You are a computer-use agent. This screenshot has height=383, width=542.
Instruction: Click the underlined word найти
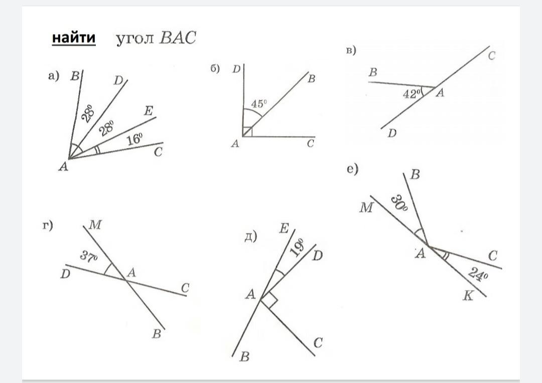click(x=73, y=38)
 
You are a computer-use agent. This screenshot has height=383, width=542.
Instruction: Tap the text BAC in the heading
click(x=177, y=39)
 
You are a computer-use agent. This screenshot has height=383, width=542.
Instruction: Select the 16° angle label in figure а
click(x=134, y=139)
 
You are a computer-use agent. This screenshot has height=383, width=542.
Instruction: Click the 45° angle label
click(x=259, y=104)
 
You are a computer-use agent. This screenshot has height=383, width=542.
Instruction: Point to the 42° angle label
click(x=411, y=93)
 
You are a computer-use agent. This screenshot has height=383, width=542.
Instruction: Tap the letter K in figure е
click(x=468, y=296)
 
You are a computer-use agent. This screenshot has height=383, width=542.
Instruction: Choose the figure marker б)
click(x=215, y=69)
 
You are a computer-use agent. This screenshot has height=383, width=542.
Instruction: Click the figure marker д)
click(x=250, y=236)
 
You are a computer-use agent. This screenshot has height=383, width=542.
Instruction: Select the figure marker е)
click(x=352, y=169)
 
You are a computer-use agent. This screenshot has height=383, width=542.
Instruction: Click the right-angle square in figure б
click(x=246, y=132)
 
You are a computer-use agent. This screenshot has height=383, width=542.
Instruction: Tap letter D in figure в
click(x=392, y=134)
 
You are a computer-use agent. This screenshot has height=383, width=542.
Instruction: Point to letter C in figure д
click(x=318, y=343)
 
